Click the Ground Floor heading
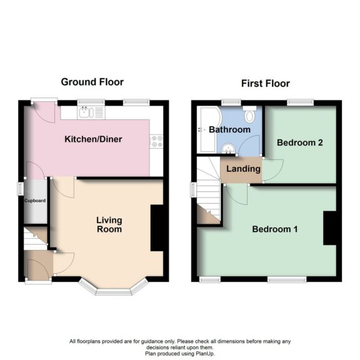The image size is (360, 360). coord(92,82)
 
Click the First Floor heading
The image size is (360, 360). coord(265,83)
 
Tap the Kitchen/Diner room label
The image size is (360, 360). coord(93,139)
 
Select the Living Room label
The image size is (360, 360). coord(109,224)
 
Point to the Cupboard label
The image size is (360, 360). coord(34,201)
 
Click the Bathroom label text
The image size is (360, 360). coord(229,130)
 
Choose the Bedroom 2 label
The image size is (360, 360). coord(300,142)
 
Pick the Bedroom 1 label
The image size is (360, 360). coord(274,229)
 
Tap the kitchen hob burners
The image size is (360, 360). coord(157,141)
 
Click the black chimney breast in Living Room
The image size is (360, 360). coord(157,227)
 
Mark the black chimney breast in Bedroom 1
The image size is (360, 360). coord(328,229)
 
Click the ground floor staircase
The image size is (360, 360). coord(35,238)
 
